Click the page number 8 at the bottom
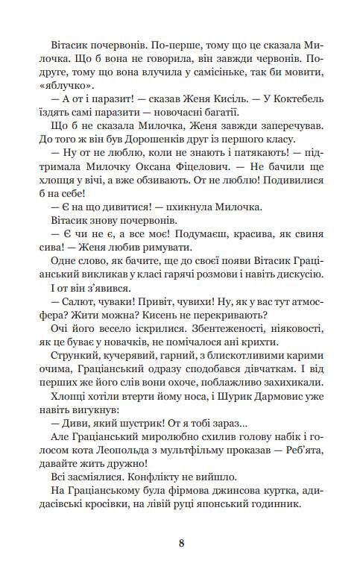tap(180, 542)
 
